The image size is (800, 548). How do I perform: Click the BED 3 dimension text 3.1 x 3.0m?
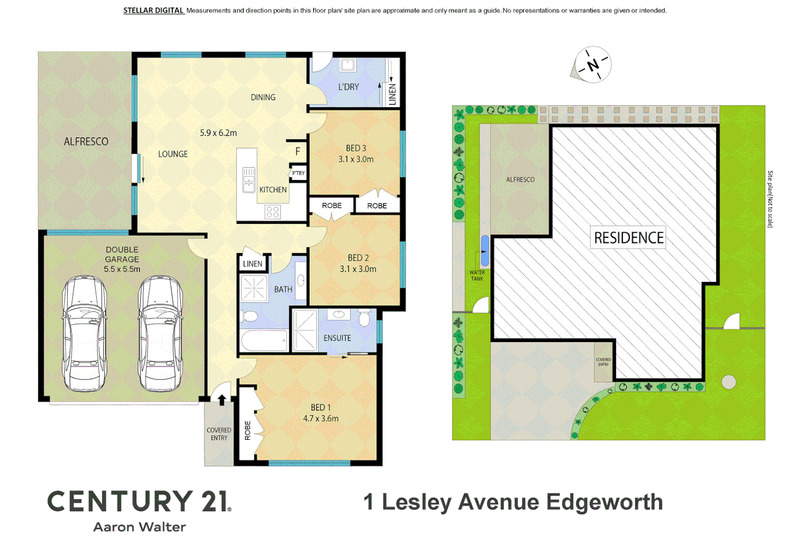[x=356, y=159]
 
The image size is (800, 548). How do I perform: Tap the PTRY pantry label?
[x=298, y=174]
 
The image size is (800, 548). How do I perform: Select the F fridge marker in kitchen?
[x=298, y=151]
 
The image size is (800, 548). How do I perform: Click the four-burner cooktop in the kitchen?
[x=272, y=212]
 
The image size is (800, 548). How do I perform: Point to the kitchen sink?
[x=249, y=180]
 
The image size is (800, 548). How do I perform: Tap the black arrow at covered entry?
[x=222, y=400]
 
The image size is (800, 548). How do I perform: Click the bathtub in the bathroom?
[x=264, y=340]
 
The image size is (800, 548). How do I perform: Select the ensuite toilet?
[x=364, y=319]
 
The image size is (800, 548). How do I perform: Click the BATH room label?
[x=283, y=289]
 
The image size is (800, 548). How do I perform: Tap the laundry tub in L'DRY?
[x=347, y=65]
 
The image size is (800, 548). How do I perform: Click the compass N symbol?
[x=593, y=65]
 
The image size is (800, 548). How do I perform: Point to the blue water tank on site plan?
[x=485, y=251]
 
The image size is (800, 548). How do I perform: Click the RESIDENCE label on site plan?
[x=629, y=237]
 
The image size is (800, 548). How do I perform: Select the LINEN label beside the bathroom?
[x=253, y=264]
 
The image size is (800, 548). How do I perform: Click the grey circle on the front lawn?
[x=728, y=382]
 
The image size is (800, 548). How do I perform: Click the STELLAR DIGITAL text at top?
[x=153, y=10]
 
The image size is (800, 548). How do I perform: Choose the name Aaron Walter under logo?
[x=140, y=527]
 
